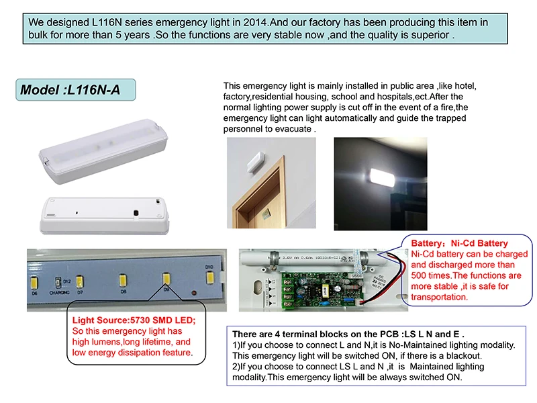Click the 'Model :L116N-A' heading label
70,90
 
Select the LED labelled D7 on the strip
80,281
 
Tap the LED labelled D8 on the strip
123,278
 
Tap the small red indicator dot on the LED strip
193,293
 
